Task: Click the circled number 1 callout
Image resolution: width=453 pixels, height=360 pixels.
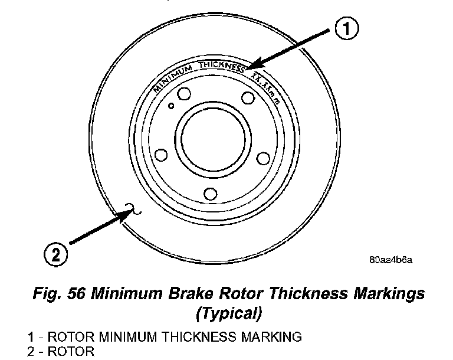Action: [348, 28]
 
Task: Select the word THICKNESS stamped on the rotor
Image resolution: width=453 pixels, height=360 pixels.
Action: [223, 66]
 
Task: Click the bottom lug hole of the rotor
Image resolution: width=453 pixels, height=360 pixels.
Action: [209, 194]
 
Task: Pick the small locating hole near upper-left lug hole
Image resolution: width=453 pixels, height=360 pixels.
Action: [171, 106]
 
